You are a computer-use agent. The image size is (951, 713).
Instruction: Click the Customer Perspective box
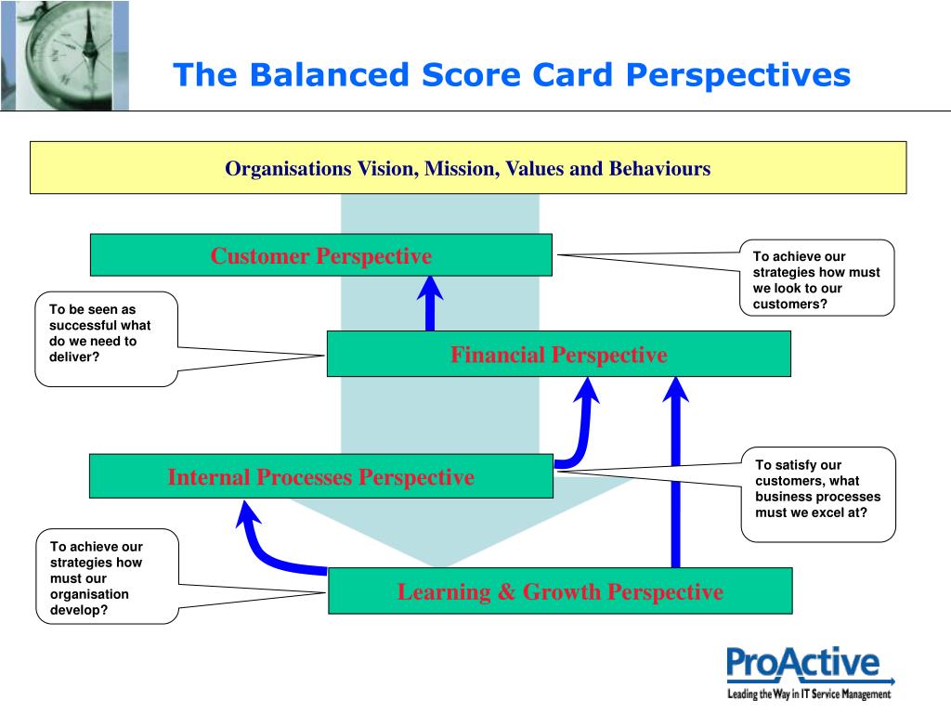(320, 255)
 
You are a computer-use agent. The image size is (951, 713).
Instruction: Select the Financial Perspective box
(558, 354)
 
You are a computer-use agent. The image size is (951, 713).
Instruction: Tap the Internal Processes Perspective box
(320, 476)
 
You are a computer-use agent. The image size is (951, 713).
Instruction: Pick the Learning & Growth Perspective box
(560, 591)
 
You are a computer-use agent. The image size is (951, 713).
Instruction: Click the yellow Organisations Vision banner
(468, 168)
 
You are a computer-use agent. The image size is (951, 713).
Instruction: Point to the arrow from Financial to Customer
(430, 304)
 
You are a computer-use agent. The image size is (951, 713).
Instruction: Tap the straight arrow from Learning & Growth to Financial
(676, 473)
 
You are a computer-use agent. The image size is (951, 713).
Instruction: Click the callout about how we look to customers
(816, 278)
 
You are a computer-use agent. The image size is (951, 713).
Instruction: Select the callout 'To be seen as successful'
(106, 339)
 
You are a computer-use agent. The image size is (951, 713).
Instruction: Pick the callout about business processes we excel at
(818, 494)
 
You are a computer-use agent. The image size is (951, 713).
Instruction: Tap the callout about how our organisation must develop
(108, 577)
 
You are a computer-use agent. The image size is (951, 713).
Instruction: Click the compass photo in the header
(65, 55)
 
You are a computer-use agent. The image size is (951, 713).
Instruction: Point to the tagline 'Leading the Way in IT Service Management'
(809, 694)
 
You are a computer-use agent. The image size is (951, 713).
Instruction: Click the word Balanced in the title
(330, 75)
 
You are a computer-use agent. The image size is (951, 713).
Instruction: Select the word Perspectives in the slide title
(738, 76)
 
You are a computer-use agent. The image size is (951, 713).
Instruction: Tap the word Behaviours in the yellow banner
(660, 168)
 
